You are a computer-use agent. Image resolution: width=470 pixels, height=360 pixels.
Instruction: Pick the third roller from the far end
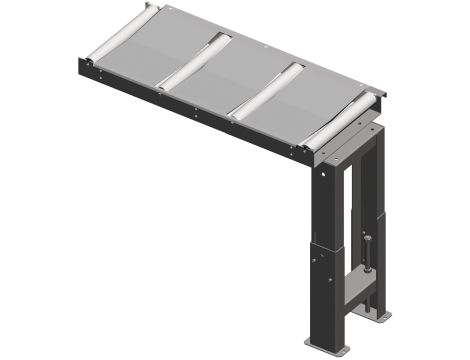(x=267, y=89)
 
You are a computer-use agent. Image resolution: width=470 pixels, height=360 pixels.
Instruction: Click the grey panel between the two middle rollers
(x=230, y=77)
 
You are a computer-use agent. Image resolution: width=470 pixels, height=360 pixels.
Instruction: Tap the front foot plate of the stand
(x=326, y=340)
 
